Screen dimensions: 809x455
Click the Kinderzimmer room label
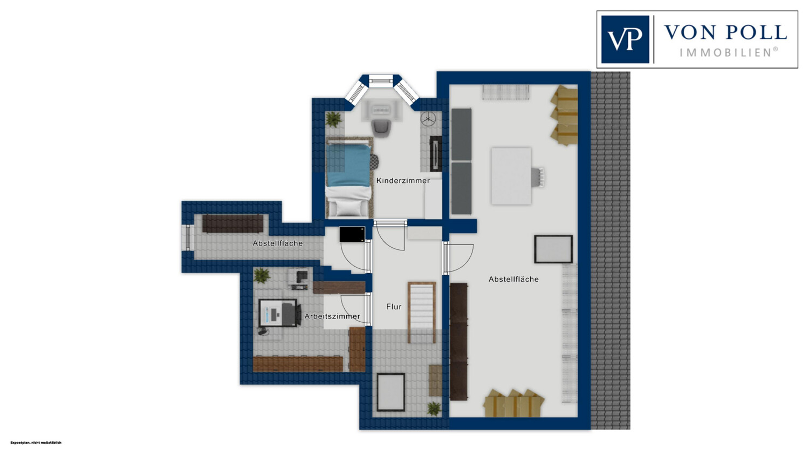tap(403, 181)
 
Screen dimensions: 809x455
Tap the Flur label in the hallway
tap(394, 307)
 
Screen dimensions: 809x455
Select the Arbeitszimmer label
tap(332, 317)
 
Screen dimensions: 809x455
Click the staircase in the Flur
tap(421, 313)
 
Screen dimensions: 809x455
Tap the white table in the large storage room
tap(511, 176)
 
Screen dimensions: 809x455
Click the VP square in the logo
tap(625, 39)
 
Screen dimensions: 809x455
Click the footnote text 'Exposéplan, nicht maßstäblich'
tap(36, 443)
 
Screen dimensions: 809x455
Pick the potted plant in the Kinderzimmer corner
tap(333, 119)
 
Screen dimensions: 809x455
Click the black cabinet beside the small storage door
tap(352, 234)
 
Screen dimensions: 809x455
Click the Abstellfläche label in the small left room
tap(277, 243)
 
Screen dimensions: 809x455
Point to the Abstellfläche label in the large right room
tap(513, 280)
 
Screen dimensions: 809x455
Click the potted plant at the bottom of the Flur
tap(434, 409)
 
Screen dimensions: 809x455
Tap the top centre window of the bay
tap(382, 81)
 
